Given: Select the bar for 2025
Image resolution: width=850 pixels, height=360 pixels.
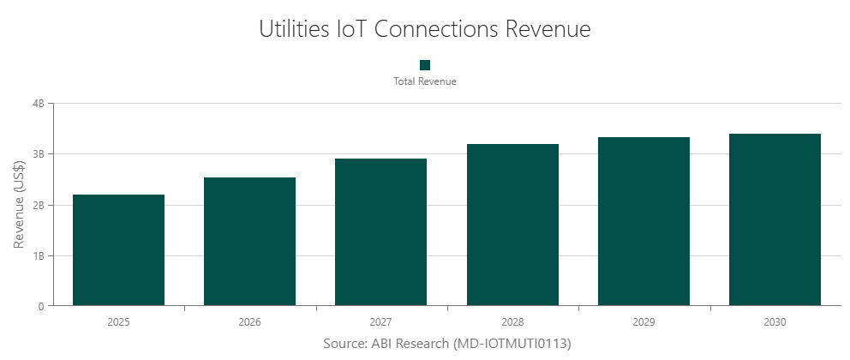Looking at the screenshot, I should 118,250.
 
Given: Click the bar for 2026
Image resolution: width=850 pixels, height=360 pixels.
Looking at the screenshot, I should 249,242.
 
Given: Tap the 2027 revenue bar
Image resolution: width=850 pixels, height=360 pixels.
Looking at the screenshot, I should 380,232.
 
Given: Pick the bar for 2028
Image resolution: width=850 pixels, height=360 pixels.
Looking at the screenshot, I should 512,225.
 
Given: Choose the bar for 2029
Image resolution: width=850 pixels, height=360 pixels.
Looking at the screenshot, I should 643,221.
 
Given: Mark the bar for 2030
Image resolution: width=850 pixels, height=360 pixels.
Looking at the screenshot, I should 775,219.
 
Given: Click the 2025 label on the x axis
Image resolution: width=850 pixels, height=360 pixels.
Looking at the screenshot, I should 118,322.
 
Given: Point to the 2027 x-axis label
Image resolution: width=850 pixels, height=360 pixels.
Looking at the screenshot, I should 380,322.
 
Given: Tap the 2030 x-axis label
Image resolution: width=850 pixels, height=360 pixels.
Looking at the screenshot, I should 775,322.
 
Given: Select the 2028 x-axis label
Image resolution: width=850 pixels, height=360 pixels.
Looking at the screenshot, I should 512,322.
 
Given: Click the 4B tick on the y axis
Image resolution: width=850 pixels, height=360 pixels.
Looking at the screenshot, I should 38,104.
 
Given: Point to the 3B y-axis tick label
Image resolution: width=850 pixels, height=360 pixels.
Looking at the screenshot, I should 38,154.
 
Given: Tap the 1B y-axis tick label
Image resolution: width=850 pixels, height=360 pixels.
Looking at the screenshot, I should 38,256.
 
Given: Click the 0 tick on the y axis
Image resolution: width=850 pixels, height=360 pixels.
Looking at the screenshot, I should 41,306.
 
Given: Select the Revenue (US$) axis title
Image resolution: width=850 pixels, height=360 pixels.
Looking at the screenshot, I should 19,205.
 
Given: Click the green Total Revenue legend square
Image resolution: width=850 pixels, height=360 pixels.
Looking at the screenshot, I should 424,65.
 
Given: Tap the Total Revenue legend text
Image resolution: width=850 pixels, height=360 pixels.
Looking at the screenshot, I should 424,81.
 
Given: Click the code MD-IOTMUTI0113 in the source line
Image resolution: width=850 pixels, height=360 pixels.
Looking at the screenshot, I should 512,343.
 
